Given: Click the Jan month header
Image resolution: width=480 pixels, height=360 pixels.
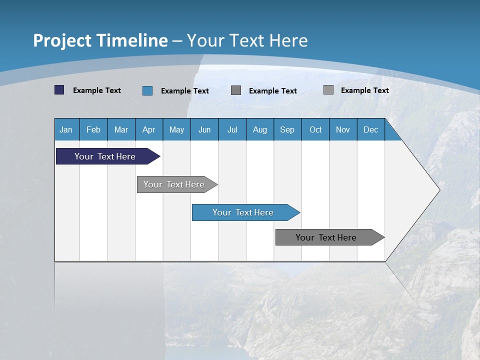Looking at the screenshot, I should point(66,129).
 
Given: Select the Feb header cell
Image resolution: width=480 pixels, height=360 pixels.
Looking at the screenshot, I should point(93,129).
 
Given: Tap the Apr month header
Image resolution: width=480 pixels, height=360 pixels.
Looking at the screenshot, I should point(148,129).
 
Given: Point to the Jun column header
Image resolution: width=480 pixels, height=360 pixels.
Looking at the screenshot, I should point(204,129).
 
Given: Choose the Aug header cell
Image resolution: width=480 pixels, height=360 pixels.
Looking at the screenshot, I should point(259,129).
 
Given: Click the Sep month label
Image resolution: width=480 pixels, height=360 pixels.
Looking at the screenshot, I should point(287,129).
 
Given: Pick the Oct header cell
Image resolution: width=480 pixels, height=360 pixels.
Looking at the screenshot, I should point(315,129).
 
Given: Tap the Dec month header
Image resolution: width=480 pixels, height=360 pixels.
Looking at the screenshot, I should point(370,129).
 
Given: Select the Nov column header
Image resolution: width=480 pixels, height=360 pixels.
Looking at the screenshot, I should point(343,129).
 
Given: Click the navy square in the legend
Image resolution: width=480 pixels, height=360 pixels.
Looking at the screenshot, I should point(59,90).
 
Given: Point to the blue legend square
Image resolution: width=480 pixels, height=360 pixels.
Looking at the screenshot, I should point(147,90).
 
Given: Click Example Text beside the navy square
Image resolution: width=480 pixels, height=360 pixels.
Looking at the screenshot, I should point(97,90).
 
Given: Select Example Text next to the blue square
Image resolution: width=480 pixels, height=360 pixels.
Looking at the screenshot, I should point(185,91).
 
